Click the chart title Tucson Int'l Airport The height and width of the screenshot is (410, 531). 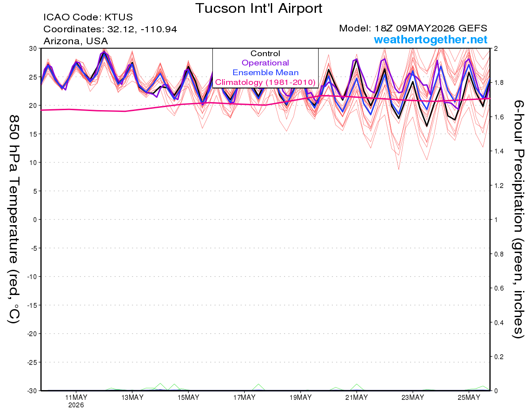coord(258,8)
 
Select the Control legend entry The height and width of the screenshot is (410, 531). coord(265,54)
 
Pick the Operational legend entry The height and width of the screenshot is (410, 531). coord(265,63)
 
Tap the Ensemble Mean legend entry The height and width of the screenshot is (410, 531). coord(265,73)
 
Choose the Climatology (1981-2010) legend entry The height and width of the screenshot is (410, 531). coord(265,82)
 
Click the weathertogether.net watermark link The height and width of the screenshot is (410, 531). coord(431,39)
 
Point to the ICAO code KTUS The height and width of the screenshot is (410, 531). coord(119,17)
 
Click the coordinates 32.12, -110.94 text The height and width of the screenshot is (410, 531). coord(142,29)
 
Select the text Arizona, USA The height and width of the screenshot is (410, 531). coord(76,41)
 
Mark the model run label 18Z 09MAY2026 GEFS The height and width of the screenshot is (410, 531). coord(431,28)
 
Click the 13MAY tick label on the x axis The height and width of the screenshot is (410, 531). coord(132,398)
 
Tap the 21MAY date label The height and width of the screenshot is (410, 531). coord(356,398)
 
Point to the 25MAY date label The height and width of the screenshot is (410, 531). coord(469,398)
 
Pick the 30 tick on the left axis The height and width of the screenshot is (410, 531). coord(33,49)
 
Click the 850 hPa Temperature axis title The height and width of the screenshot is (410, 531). coord(14,219)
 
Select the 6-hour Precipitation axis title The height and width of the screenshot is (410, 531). coord(518,219)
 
